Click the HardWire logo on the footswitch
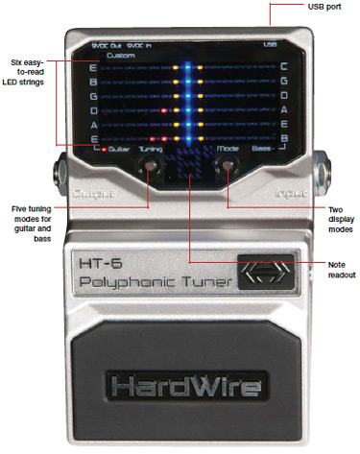tap(183, 387)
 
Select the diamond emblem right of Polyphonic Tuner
tap(263, 273)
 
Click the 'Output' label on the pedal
tap(90, 192)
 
